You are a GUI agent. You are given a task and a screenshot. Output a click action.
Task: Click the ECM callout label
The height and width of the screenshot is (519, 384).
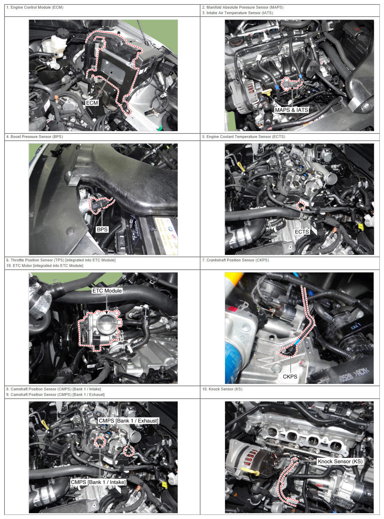click(92, 103)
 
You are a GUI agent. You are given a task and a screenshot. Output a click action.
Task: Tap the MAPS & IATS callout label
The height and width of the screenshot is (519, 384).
click(292, 110)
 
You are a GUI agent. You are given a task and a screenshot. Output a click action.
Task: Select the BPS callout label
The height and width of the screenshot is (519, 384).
click(102, 229)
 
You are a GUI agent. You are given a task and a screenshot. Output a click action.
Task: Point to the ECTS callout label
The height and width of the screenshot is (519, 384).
click(302, 232)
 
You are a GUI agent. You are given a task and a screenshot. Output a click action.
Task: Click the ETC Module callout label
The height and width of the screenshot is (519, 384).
click(107, 291)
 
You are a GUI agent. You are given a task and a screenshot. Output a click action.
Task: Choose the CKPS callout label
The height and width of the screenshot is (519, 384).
click(290, 377)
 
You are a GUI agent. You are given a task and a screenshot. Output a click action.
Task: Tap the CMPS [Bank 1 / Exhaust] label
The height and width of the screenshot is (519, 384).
click(128, 420)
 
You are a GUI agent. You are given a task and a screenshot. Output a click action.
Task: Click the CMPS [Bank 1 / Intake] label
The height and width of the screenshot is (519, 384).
click(98, 482)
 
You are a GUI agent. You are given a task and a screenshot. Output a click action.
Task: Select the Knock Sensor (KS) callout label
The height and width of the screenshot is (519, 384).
click(340, 461)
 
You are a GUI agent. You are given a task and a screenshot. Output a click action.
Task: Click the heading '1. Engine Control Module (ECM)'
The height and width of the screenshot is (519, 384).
click(35, 8)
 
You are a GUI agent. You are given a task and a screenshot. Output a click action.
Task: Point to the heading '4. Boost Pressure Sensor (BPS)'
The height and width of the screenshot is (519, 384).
click(35, 137)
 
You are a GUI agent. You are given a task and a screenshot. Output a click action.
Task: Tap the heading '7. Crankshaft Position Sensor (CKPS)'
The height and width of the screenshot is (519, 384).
click(235, 260)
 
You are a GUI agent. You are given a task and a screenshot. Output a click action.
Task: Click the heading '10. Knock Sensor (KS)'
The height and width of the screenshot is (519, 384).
click(222, 389)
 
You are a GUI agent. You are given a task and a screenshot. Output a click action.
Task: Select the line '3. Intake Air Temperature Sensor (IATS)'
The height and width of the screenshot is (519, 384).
click(238, 13)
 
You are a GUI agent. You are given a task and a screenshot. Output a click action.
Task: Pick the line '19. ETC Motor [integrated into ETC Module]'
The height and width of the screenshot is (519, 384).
click(45, 266)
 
